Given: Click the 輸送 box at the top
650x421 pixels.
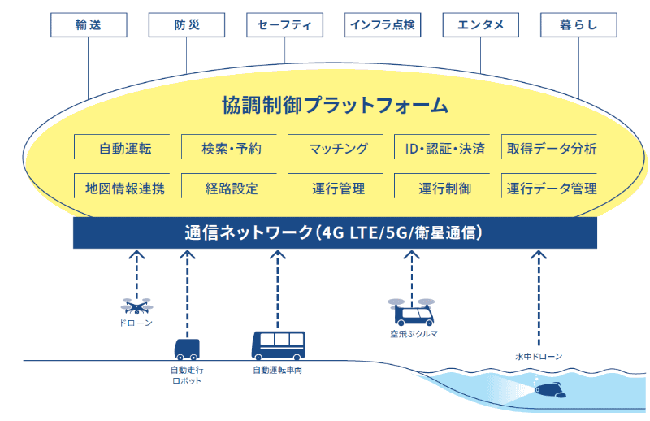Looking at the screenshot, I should (x=89, y=24).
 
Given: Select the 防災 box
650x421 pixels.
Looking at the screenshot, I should (x=187, y=24).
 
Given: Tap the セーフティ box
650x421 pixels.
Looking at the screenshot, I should (x=284, y=24).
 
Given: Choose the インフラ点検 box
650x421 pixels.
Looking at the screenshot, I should (x=383, y=24).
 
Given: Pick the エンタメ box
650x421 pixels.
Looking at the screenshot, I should (x=480, y=24).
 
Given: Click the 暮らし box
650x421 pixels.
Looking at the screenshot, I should (x=578, y=24).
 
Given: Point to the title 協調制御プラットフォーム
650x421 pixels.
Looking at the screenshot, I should (x=335, y=105).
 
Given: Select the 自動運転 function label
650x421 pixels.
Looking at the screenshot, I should (x=125, y=150).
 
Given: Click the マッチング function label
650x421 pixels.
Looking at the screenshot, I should (x=339, y=150).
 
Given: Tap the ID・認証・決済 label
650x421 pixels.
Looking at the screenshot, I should (x=444, y=150).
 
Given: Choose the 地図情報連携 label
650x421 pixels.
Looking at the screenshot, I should (x=125, y=189).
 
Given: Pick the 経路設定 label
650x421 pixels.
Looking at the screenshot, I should (x=232, y=189).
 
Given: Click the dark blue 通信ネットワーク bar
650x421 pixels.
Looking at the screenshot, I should (x=334, y=232).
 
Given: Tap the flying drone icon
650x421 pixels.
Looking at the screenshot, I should (x=136, y=306).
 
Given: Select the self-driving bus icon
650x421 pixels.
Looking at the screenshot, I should (x=278, y=345).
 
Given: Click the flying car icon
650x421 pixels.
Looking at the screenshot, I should (x=411, y=311).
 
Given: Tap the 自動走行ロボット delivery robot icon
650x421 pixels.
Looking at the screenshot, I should (x=187, y=349).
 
